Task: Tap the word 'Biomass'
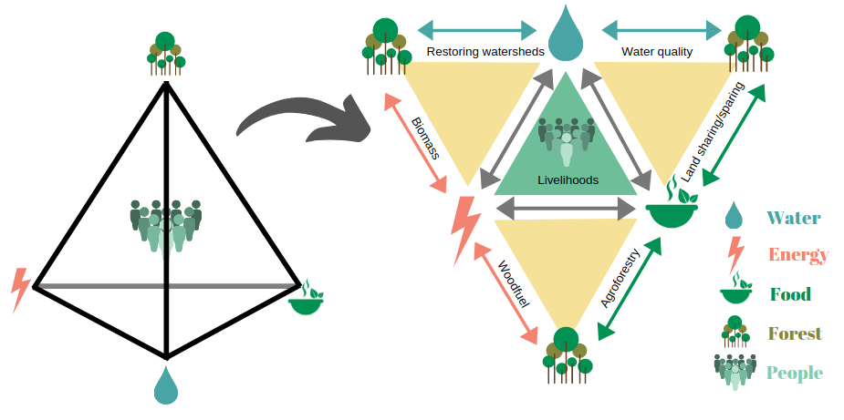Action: click(425, 138)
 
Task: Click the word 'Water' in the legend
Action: click(793, 218)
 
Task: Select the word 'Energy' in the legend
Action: click(797, 255)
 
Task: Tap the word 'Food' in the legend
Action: click(790, 294)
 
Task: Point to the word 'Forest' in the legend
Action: click(794, 334)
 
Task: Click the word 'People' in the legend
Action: click(794, 373)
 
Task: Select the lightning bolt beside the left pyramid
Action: click(20, 291)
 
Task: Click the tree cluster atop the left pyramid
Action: click(165, 53)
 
